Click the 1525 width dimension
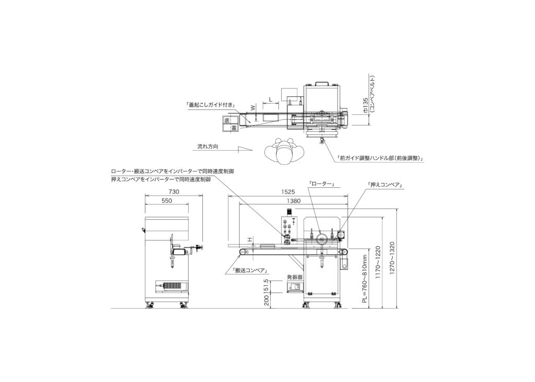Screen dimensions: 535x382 coord(288,192)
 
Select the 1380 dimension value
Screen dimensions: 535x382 coord(294,201)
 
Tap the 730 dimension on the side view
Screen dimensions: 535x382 coord(173,192)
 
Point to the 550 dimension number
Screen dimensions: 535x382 coord(167,201)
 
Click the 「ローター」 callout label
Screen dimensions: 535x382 coord(320,184)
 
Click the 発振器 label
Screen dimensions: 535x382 coord(295,277)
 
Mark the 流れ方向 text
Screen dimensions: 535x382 coord(208,146)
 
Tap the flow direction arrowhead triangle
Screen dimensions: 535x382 coord(246,149)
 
